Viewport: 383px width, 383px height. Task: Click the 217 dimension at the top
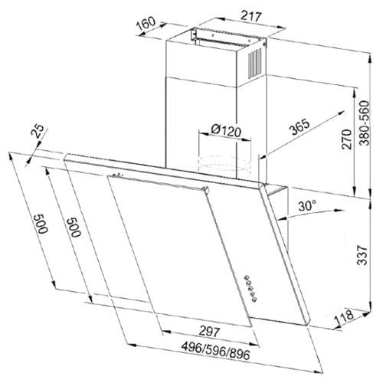pos(251,17)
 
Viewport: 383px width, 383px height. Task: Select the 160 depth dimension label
pos(146,23)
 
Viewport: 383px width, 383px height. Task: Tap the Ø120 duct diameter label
pos(226,131)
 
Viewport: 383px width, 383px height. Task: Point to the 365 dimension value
pos(300,126)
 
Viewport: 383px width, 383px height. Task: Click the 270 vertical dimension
pos(347,139)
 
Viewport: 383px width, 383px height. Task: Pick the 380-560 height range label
pos(364,123)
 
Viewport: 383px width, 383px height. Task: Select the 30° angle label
pos(307,205)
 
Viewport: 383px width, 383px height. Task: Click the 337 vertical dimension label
pos(362,255)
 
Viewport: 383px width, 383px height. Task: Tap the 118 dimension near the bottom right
pos(345,317)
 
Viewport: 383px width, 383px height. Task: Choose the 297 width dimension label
pos(209,332)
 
